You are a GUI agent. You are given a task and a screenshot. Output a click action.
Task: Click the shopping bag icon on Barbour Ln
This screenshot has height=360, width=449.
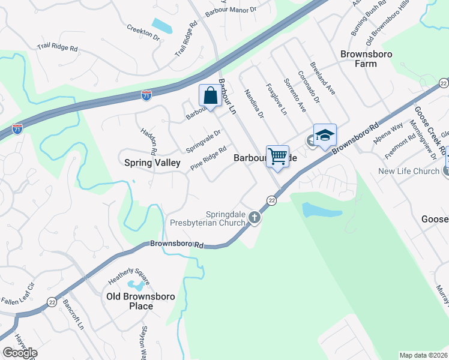coord(210,95)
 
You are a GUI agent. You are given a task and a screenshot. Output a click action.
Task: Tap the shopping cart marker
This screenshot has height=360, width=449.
coord(277,157)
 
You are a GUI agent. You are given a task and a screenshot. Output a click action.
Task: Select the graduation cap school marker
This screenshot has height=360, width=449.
coord(325,136)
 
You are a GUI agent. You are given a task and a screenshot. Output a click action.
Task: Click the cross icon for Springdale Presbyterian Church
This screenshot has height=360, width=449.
coord(255,217)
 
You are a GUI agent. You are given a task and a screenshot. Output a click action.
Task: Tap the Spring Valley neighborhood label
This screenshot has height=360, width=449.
coord(152,163)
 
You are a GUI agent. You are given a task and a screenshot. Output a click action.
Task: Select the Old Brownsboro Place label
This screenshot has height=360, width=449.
coord(137,301)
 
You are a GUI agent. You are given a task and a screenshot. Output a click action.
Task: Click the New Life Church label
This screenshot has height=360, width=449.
coord(409,172)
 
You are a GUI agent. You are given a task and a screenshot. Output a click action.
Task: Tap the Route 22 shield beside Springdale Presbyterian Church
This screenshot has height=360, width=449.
coord(271,200)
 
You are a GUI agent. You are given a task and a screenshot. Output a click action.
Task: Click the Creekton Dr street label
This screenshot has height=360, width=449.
coord(143,32)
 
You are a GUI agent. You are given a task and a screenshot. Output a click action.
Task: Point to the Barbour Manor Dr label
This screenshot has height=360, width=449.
coord(248,10)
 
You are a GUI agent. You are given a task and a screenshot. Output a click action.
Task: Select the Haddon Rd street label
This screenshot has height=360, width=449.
coord(149,142)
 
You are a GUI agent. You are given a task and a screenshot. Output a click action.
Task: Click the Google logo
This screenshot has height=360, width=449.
coord(19,353)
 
